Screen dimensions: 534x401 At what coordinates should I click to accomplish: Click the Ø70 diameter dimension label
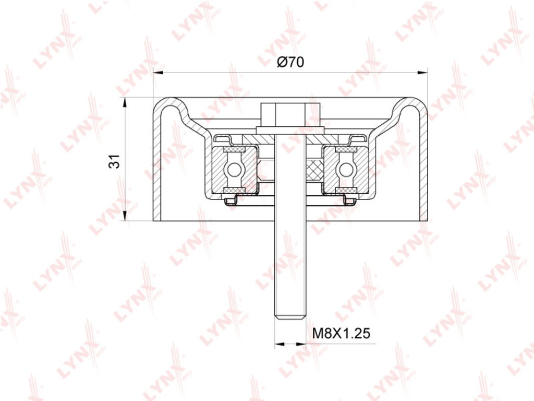[x=290, y=62]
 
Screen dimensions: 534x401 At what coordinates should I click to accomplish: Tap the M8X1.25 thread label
[x=341, y=333]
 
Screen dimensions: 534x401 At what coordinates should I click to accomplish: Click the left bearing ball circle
[x=234, y=169]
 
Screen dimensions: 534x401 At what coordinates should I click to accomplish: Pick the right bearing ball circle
[x=346, y=169]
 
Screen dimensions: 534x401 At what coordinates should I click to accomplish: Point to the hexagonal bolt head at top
[x=290, y=114]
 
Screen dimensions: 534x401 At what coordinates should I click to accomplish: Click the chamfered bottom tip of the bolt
[x=290, y=317]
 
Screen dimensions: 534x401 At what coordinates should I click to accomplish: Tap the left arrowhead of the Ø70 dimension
[x=158, y=72]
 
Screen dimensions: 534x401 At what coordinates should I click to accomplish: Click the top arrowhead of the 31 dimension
[x=125, y=103]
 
